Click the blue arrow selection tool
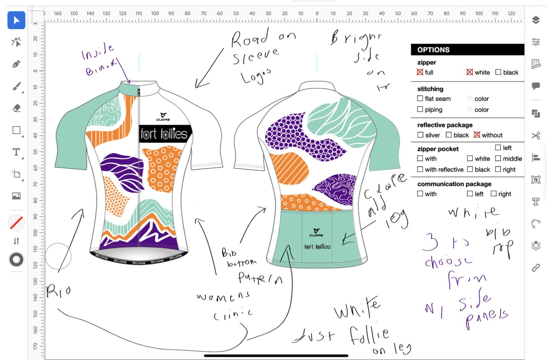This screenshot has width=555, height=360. [x=16, y=20]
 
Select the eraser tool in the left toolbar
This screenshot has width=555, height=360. [x=16, y=108]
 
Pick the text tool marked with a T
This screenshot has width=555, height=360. [x=16, y=152]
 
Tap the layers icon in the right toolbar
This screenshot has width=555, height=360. [x=536, y=20]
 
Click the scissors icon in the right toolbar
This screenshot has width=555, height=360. [x=536, y=136]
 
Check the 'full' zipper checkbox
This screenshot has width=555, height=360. [x=420, y=72]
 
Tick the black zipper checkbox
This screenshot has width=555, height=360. [x=498, y=72]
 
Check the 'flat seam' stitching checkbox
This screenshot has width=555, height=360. [x=420, y=99]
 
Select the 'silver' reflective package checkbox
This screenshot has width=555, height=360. [x=420, y=135]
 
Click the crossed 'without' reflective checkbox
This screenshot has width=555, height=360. [x=477, y=135]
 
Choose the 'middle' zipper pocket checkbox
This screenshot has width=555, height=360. [x=498, y=159]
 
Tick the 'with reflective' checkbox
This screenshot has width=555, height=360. [x=420, y=169]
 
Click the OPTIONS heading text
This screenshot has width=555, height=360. [x=433, y=50]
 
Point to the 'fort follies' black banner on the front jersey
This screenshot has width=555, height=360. [x=165, y=134]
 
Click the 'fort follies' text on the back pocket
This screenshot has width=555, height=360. [x=317, y=247]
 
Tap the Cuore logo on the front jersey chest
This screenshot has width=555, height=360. [x=163, y=116]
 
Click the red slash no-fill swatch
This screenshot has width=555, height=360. [x=16, y=223]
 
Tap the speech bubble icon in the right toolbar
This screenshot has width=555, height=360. [x=536, y=86]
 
